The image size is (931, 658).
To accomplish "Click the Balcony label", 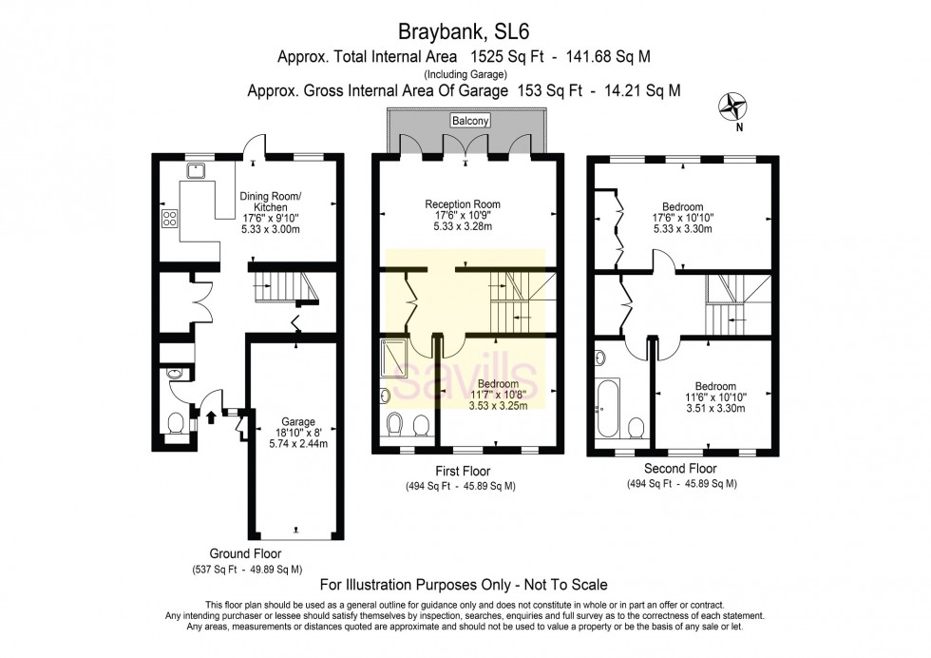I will tap(469, 122).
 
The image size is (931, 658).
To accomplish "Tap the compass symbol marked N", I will tap(734, 106).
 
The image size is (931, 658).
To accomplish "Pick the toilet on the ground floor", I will tap(176, 422).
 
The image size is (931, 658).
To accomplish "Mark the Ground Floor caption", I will tap(245, 553).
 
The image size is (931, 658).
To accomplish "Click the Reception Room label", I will tap(463, 203).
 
